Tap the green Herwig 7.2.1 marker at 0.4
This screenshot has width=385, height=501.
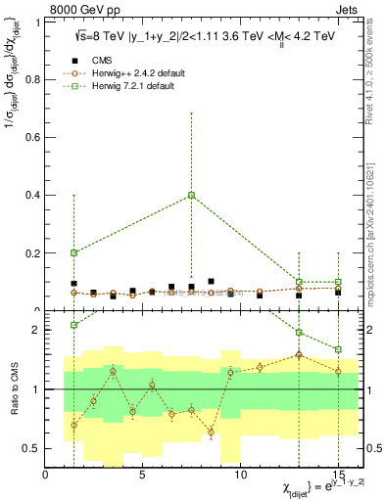pos(192,195)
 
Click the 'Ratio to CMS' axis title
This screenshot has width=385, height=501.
pos(12,389)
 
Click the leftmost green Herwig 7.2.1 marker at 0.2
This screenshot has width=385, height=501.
pos(74,252)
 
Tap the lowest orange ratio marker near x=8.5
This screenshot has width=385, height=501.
pos(211,432)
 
